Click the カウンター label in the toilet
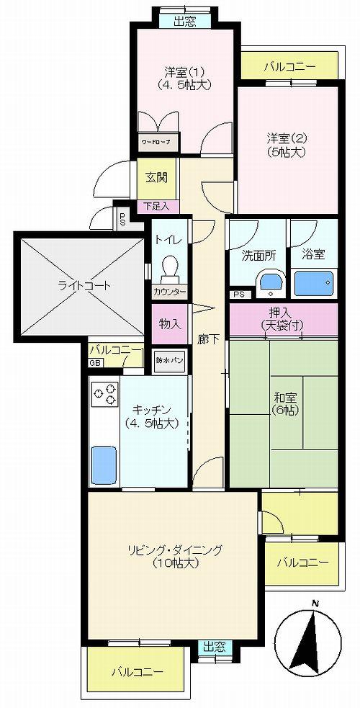(x=170, y=292)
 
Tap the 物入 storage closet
(x=169, y=324)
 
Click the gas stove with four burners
(x=104, y=395)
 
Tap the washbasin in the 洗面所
(x=271, y=282)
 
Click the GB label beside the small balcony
(x=95, y=362)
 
